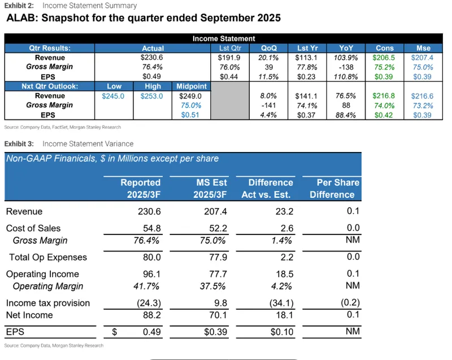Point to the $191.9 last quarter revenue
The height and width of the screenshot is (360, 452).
coord(229,58)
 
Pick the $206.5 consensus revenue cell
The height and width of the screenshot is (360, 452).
coord(383,58)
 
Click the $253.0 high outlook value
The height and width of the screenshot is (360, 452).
coord(152,96)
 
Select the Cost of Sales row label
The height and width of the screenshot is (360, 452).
coord(33,228)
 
